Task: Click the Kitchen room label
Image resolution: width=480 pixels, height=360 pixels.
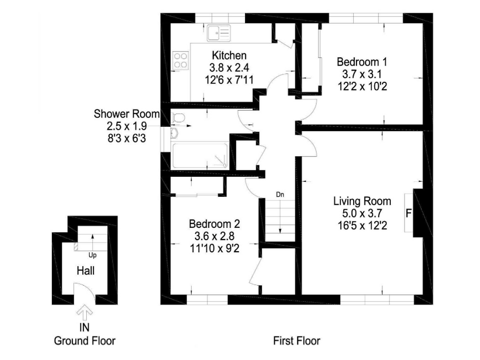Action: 229,55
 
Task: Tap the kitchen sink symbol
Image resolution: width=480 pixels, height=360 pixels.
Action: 218,33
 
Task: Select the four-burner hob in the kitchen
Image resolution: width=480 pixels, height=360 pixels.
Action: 180,60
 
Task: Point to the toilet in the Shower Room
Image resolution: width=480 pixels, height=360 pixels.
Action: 179,118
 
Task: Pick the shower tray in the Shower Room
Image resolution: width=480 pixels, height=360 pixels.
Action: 200,155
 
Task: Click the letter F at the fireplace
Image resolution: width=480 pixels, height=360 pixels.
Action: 408,213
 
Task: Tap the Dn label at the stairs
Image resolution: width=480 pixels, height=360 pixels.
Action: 280,194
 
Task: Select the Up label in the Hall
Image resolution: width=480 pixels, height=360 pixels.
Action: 93,255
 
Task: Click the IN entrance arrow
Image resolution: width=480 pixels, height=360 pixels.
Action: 85,313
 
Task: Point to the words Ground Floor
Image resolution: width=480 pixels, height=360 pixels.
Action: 85,341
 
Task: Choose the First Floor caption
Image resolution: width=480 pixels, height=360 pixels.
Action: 297,341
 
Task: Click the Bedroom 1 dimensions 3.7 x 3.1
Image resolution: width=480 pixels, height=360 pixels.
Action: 362,74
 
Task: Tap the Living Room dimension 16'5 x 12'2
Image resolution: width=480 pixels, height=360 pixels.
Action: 362,226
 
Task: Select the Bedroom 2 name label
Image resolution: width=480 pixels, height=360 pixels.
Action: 215,224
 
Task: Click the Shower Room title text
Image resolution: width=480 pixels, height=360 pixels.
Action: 127,114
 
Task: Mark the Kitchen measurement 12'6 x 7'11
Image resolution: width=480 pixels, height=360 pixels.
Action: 229,80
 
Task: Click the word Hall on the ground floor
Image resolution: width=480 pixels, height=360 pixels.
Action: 86,270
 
